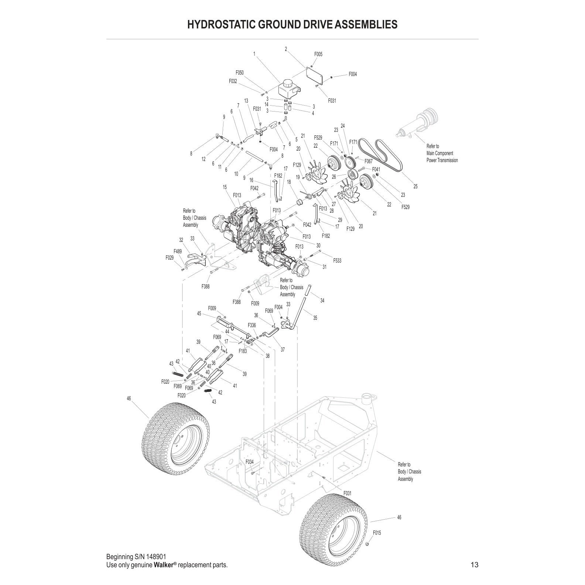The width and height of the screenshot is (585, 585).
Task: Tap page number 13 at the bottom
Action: click(x=475, y=565)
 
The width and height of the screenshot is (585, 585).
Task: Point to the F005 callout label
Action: click(x=318, y=54)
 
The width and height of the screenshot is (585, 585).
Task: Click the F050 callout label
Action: click(x=240, y=73)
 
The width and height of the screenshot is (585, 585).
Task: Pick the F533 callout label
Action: click(x=337, y=260)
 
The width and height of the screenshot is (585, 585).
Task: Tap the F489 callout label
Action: click(x=178, y=252)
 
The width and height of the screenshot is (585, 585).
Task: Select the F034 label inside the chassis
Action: click(x=250, y=462)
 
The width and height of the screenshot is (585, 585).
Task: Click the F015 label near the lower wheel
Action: click(x=377, y=533)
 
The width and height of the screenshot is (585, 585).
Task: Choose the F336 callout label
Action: click(x=252, y=325)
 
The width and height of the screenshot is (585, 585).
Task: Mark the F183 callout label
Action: click(x=243, y=351)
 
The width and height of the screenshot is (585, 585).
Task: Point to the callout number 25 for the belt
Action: click(x=415, y=187)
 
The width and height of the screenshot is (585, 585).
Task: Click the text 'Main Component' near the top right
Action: click(x=439, y=153)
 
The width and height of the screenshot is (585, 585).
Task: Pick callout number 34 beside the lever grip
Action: click(x=322, y=301)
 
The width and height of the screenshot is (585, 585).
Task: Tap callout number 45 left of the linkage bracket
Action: click(x=199, y=314)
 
